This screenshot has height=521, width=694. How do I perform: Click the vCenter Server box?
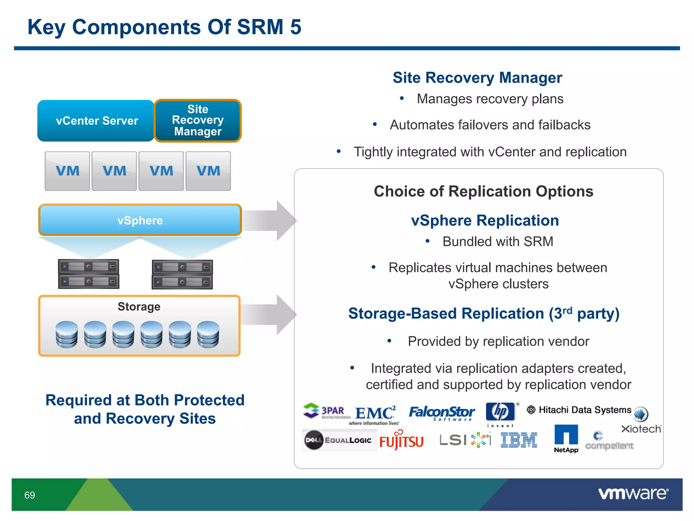coord(96,121)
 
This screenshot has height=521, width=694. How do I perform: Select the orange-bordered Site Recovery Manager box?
coord(198,121)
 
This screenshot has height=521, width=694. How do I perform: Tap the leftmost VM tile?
coord(67,171)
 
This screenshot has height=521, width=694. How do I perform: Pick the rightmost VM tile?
coord(208,171)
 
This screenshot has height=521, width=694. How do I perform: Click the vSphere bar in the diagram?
coord(140,220)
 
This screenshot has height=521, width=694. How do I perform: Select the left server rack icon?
coord(88,274)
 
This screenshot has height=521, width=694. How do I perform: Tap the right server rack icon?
coord(182,274)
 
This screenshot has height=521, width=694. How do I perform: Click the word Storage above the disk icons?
coord(139,307)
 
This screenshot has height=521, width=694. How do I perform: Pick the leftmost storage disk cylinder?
coord(67,334)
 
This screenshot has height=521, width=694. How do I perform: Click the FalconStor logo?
coord(442,413)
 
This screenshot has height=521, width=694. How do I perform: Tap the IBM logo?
coord(519,440)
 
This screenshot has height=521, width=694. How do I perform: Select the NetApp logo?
coord(566,438)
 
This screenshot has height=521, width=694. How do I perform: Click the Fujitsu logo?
coord(401,441)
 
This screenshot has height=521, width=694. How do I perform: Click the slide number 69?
coord(30,495)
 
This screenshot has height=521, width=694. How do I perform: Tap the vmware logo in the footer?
coord(633,494)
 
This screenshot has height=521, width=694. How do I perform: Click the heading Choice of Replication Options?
coord(484,191)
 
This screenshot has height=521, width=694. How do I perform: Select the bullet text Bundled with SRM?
coord(497,242)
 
